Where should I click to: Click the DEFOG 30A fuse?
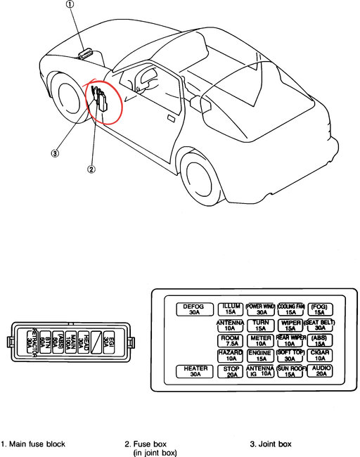click(193, 310)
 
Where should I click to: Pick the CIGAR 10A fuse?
click(321, 356)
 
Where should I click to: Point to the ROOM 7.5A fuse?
click(230, 341)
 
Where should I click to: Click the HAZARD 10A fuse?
click(230, 356)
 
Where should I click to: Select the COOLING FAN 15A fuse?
click(290, 310)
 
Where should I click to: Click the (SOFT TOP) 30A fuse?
click(290, 356)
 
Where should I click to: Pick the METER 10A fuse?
click(259, 341)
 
